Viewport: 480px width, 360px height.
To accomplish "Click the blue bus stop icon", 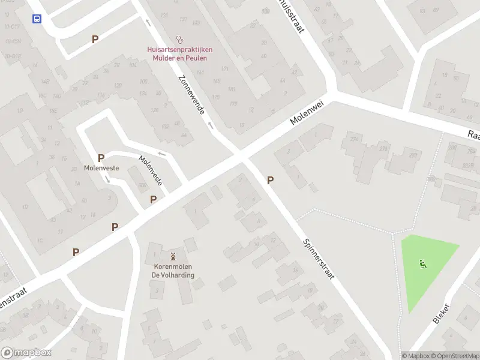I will point(37,19).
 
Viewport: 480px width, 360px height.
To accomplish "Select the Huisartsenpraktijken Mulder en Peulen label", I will point(179,53).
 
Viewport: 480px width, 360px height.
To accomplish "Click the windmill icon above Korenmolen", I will point(173,256).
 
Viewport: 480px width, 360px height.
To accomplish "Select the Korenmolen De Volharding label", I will point(173,271).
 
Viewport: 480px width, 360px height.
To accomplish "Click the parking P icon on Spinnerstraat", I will point(270,180).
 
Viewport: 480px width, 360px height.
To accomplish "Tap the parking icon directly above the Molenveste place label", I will point(101,158).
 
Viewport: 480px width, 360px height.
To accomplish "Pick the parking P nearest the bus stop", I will point(95,39).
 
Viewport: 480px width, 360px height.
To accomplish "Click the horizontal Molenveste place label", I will point(101,168).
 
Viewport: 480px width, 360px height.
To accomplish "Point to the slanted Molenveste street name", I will point(151,169).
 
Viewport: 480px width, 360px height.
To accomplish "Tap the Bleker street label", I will point(441,314).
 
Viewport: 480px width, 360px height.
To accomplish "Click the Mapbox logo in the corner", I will point(26,353).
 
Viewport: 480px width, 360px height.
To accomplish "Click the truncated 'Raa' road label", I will point(474,136).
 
